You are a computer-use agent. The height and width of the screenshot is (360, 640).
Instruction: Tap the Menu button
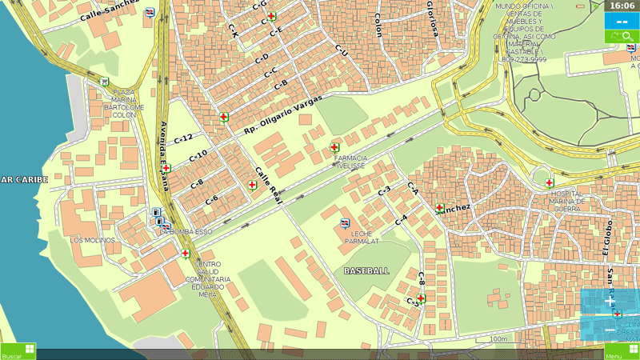point(622,351)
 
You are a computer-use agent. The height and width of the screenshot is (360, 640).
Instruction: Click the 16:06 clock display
point(622,6)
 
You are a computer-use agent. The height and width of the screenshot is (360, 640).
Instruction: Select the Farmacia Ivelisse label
point(350,162)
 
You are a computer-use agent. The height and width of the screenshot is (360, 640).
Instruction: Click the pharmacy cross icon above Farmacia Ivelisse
point(334,147)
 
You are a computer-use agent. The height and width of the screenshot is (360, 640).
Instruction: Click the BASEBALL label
point(366,270)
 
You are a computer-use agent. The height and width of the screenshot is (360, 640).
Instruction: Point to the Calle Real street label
point(269,186)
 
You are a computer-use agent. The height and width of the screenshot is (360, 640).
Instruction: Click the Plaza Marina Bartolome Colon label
point(123,103)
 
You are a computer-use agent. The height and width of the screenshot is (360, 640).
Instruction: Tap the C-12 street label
point(183,138)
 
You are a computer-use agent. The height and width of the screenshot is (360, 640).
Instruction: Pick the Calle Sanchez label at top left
point(110,7)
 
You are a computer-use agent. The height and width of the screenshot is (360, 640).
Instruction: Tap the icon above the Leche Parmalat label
point(346,223)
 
